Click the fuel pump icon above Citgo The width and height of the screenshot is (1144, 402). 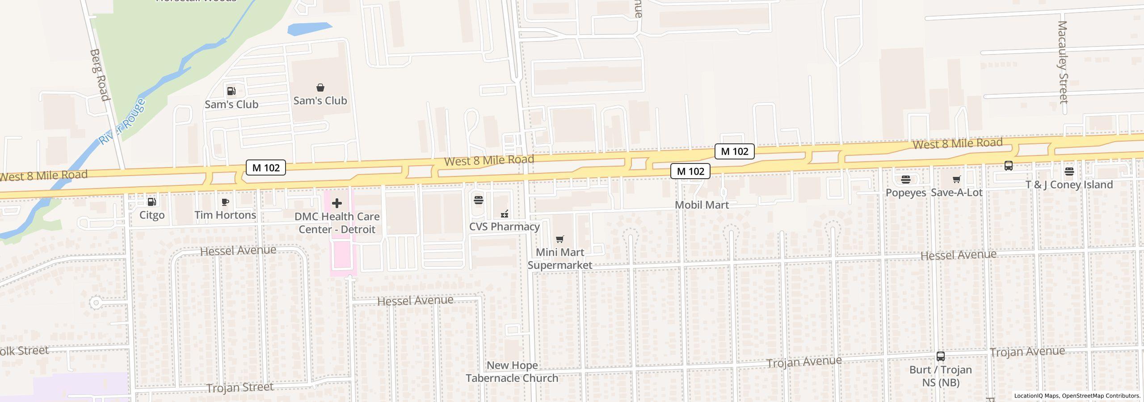pos(152,202)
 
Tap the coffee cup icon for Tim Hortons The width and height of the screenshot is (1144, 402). pos(225,202)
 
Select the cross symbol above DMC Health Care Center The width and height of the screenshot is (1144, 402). pos(337,204)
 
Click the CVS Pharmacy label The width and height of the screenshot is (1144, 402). pos(504,226)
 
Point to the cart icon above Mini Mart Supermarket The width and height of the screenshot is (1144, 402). pos(559,239)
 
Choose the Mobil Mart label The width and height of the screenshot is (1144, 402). pos(702,205)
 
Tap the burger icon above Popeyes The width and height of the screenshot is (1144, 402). pos(906,180)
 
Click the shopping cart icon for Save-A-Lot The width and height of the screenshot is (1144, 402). pos(956,180)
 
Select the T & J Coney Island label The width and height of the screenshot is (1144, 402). pos(1068,184)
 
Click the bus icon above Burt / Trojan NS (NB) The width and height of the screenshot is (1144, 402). pos(941,356)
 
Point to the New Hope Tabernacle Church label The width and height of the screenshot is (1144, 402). pos(512,372)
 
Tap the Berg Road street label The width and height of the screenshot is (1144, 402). pos(99,75)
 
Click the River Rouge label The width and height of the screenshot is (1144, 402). pos(122,121)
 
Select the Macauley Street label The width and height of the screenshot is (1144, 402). pos(1063,62)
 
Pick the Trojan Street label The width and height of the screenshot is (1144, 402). pos(240,387)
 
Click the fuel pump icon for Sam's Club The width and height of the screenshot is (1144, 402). pos(231,91)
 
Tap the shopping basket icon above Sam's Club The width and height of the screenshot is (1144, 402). pos(320,88)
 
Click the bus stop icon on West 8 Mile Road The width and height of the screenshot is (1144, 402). pos(1009,166)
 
